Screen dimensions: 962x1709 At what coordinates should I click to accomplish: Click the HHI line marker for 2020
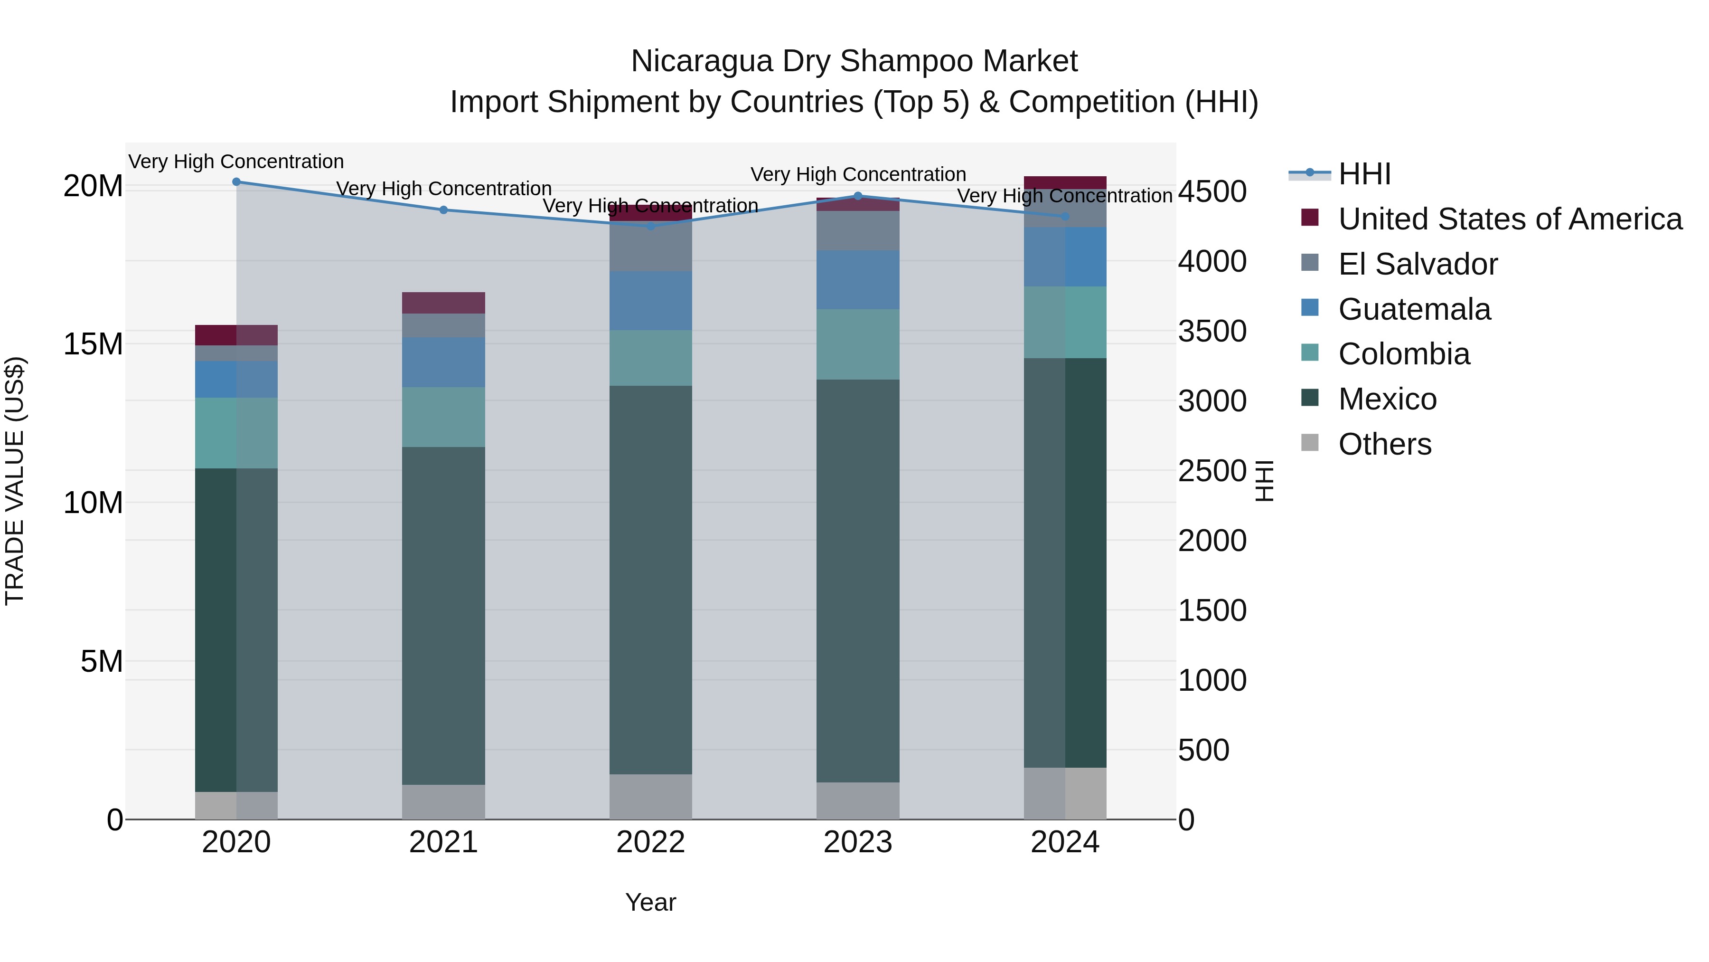tap(236, 182)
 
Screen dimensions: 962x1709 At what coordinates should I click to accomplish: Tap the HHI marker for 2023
tap(857, 196)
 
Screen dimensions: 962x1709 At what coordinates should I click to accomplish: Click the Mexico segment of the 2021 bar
tap(443, 615)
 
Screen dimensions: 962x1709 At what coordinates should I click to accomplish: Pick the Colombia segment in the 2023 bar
tap(857, 344)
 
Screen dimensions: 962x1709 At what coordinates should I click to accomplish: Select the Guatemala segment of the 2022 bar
tap(650, 300)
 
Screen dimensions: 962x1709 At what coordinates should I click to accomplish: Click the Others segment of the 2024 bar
tap(1065, 793)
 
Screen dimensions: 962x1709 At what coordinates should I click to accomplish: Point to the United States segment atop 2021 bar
tap(443, 303)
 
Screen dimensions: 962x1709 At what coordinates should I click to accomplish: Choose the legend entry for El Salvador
tap(1417, 264)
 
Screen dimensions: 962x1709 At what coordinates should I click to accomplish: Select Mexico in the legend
tap(1387, 399)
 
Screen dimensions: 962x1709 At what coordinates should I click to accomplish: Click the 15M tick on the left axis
tap(93, 344)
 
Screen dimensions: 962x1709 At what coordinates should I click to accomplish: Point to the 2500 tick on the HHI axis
tap(1212, 471)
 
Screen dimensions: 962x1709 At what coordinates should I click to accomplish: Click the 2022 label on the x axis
tap(650, 842)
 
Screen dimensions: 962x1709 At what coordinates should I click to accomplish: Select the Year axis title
tap(650, 902)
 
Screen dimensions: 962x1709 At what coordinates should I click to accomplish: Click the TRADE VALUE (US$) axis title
tap(15, 481)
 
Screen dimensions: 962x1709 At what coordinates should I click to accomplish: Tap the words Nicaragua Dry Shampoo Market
tap(854, 61)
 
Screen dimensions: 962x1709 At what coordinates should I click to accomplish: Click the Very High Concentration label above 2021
tap(443, 189)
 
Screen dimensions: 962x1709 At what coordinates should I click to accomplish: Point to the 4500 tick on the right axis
tap(1212, 192)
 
